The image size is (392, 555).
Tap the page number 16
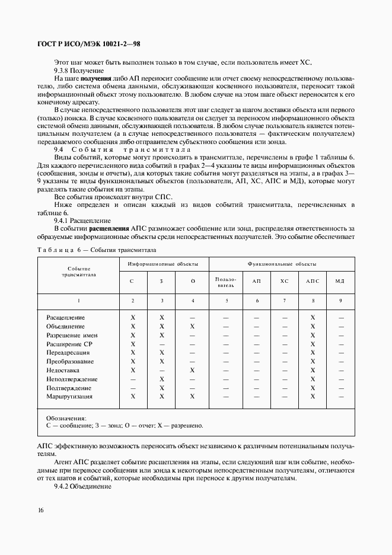pos(40,511)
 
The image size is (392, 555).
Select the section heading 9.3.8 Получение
pos(78,71)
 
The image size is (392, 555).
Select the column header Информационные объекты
pos(162,264)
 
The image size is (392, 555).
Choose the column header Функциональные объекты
pos(282,264)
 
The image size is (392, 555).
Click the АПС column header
pos(313,280)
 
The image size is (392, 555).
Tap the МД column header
pos(340,280)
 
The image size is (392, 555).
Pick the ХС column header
pos(284,280)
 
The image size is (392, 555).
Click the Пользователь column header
pos(226,281)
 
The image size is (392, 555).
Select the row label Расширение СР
pos(69,344)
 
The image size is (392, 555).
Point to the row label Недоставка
pos(62,370)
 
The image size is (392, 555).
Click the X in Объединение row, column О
pos(193,327)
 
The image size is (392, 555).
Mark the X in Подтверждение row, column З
pos(161,388)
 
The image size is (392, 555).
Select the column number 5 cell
pos(226,301)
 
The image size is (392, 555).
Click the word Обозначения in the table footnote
pos(66,418)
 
